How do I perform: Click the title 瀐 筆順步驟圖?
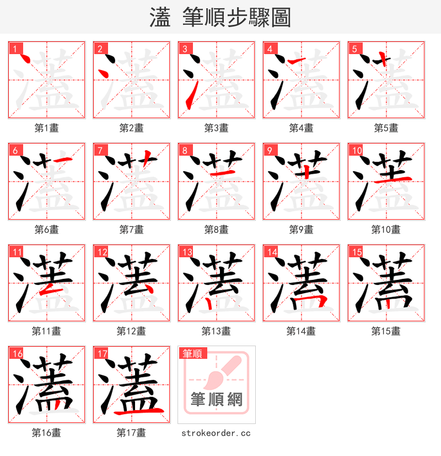(x=220, y=17)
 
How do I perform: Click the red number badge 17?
(x=101, y=353)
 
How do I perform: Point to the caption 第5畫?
(x=386, y=128)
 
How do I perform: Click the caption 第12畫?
(x=131, y=331)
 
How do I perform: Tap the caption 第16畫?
(x=46, y=433)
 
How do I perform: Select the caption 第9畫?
(x=301, y=230)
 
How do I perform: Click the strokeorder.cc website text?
(x=216, y=433)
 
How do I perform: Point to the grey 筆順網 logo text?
(x=216, y=399)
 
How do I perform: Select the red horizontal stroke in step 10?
(x=392, y=180)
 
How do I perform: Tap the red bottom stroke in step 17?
(x=138, y=411)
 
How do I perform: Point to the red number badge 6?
(x=15, y=150)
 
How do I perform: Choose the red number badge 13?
(x=187, y=252)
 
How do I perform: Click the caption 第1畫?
(x=46, y=128)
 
